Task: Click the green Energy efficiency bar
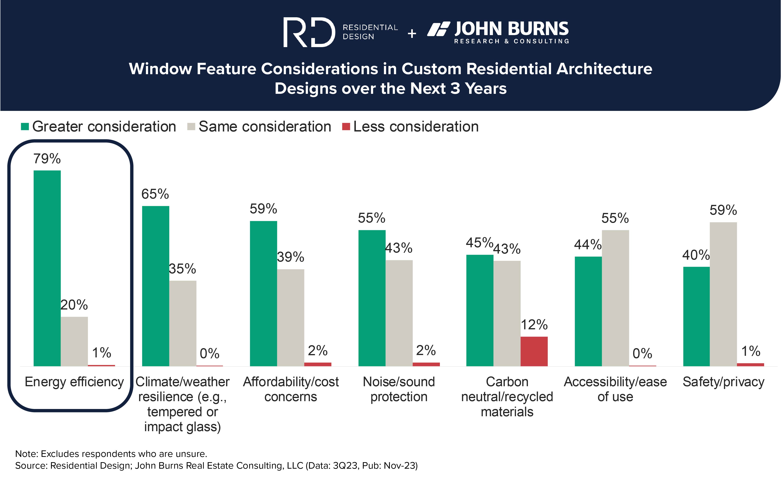pos(47,268)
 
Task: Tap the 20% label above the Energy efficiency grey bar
pos(74,305)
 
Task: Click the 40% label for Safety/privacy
pos(696,255)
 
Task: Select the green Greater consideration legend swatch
pos(25,127)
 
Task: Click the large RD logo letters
pos(309,32)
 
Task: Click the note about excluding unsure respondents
pos(111,454)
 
